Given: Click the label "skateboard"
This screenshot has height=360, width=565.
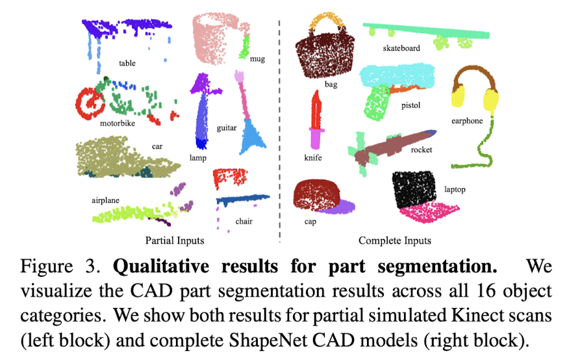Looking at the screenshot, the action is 401,48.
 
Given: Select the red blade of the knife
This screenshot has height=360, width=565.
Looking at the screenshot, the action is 316,110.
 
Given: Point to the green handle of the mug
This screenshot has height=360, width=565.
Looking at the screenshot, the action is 245,45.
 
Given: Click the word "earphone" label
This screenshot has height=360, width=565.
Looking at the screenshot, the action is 468,120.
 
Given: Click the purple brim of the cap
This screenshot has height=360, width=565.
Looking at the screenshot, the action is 343,207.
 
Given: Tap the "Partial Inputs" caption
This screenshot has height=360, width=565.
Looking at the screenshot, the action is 175,240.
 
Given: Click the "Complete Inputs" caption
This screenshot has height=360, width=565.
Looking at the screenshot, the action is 395,240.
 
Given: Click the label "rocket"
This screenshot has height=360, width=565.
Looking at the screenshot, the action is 421,150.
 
